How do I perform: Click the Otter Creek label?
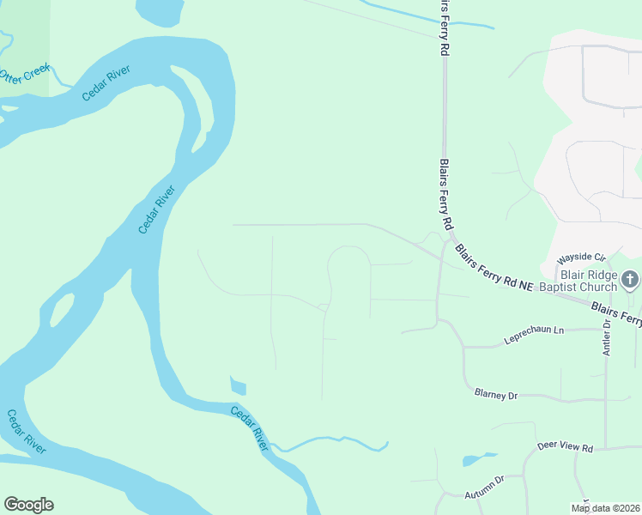25,72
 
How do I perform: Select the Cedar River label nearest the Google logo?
27,432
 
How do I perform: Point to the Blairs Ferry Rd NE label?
495,269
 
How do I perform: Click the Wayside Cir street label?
581,257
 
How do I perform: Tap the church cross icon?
630,279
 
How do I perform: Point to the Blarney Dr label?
496,394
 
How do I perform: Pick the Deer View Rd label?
565,447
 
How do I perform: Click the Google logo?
28,505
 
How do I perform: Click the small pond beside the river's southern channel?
239,386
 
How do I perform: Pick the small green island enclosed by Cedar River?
59,310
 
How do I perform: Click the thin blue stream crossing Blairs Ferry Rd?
429,17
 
